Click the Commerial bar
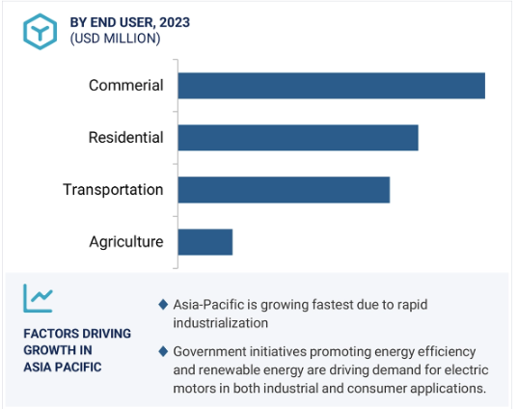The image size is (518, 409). [x=332, y=86]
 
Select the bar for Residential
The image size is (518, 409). [x=298, y=138]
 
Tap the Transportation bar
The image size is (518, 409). [x=284, y=190]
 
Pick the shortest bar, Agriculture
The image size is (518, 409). [x=205, y=242]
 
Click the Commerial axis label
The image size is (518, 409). [x=125, y=85]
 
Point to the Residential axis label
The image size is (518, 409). [x=125, y=137]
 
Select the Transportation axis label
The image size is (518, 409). [x=113, y=190]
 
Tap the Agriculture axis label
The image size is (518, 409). [x=126, y=242]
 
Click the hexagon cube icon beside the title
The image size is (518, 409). [x=40, y=32]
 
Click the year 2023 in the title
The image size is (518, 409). [x=175, y=22]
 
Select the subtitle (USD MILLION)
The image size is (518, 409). [x=115, y=39]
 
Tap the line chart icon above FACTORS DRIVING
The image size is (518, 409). [x=38, y=298]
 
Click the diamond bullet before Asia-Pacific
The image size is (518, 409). [x=163, y=305]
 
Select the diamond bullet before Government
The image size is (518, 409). [x=163, y=351]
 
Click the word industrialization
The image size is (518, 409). [x=220, y=323]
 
